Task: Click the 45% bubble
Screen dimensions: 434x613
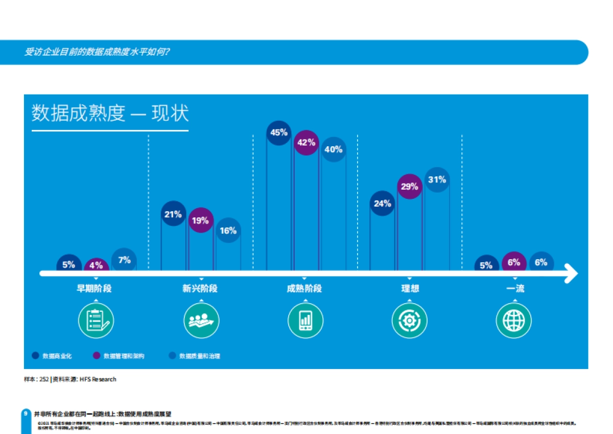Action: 279,133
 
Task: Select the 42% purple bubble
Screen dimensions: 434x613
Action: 306,143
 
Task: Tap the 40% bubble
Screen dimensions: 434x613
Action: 334,150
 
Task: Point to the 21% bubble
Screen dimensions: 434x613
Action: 173,214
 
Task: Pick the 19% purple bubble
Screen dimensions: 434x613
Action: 201,220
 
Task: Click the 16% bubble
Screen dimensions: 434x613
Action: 228,231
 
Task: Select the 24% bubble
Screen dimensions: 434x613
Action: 382,203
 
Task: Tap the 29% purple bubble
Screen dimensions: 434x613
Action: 410,187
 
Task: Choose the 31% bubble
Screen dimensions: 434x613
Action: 437,180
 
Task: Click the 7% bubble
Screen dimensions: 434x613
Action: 124,260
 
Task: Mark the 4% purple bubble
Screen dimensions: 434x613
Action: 96,265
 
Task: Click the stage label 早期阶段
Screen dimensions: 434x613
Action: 94,289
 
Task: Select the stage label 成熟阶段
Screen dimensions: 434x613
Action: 304,289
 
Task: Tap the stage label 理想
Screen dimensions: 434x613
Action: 410,289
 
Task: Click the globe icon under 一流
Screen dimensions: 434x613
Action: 514,321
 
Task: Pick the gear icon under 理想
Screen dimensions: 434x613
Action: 410,321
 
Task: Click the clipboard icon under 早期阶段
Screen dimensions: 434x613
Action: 96,321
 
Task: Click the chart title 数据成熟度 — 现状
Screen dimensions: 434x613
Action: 110,113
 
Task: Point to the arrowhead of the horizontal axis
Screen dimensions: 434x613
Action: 572,274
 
